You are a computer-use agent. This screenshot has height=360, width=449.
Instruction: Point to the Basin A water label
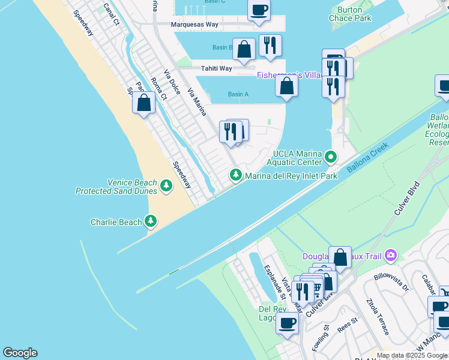click(238, 94)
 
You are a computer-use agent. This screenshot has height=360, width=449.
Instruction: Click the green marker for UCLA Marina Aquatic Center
click(330, 158)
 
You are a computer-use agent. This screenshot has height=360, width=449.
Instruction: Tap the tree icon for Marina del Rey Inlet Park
click(236, 175)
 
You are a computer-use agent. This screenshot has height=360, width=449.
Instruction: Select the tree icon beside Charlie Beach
click(151, 222)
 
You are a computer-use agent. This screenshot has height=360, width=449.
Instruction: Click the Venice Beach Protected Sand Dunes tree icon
click(166, 187)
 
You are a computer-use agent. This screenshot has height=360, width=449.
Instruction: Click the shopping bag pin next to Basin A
click(287, 86)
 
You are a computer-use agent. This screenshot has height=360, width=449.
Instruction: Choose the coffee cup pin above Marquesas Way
click(259, 10)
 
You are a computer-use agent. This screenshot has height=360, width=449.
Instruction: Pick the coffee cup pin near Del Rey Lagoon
click(287, 322)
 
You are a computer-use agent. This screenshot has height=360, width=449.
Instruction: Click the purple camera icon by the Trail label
click(391, 256)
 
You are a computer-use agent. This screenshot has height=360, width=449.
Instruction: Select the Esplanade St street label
click(273, 280)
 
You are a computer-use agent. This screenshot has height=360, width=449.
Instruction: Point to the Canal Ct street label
click(112, 13)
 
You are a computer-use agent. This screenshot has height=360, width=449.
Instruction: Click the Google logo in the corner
click(20, 353)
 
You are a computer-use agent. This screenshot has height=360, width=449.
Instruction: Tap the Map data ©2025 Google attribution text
click(412, 355)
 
